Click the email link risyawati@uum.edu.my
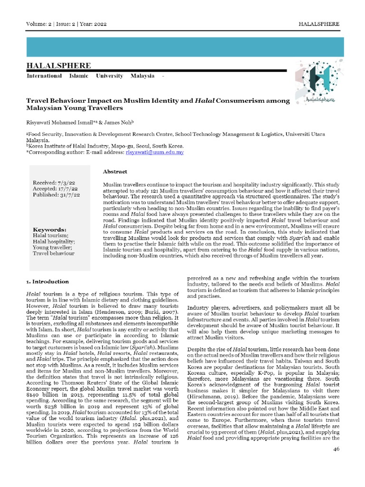pos(154,152)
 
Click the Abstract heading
pos(115,171)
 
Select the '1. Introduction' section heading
pos(48,282)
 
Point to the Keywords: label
pos(49,229)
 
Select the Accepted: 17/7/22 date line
pos(55,188)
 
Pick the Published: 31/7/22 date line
pos(56,195)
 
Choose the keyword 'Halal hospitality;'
pos(54,241)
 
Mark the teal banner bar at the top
pos(182,47)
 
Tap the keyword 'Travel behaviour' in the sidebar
pos(54,253)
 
